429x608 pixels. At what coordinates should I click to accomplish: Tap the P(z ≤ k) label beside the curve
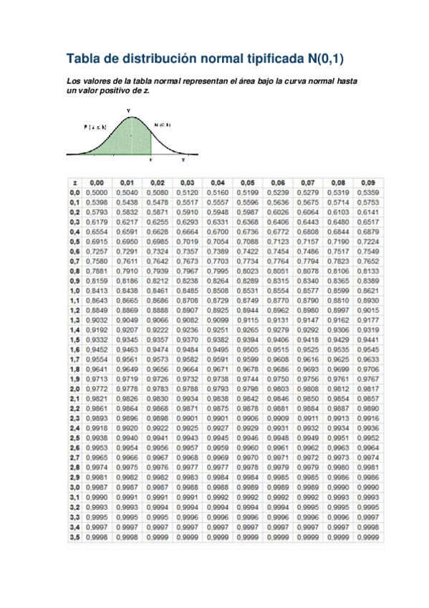[95, 127]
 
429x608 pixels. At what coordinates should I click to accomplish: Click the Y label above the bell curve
[128, 110]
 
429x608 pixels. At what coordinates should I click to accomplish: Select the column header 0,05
[247, 184]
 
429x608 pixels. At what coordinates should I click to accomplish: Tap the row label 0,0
[74, 193]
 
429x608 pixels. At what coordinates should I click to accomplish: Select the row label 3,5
[74, 536]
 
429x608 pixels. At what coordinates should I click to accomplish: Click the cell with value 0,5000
[96, 193]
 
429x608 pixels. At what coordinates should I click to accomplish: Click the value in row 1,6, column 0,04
[217, 348]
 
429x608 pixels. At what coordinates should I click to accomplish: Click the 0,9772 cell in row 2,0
[96, 388]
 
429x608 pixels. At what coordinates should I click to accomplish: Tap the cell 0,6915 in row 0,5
[96, 242]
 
